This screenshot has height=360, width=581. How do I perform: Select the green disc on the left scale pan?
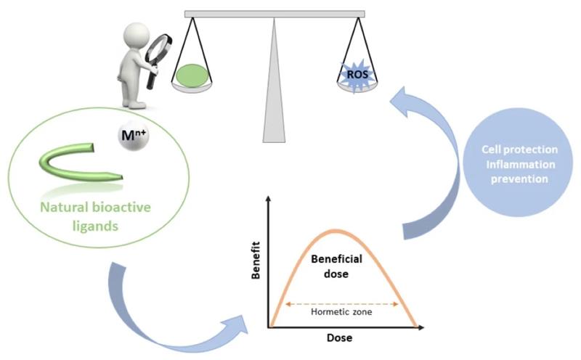pos(191,74)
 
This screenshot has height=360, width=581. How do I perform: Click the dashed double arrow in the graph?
pos(341,303)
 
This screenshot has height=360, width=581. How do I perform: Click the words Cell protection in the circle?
pos(519,149)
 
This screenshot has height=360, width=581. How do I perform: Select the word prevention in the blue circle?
pos(520,179)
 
